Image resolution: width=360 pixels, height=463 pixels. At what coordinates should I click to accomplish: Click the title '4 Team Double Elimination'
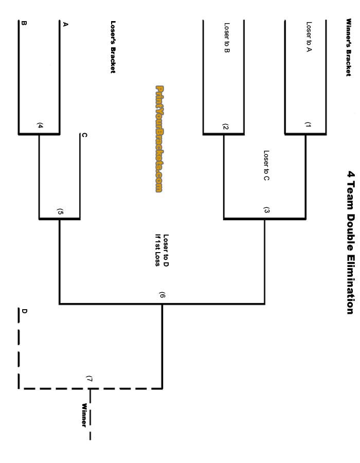pyautogui.click(x=350, y=242)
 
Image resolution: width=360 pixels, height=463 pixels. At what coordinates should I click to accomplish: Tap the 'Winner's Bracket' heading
pyautogui.click(x=348, y=47)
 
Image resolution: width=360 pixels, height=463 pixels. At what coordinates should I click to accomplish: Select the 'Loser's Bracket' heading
pyautogui.click(x=113, y=47)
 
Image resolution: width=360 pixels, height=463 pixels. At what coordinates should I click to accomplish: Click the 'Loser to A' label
pyautogui.click(x=309, y=37)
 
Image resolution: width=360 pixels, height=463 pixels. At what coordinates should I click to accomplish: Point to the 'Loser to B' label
pyautogui.click(x=227, y=37)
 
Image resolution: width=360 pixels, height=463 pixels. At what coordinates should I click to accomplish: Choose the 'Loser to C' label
pyautogui.click(x=266, y=166)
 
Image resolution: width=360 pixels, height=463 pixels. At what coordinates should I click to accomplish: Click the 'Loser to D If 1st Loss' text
pyautogui.click(x=162, y=251)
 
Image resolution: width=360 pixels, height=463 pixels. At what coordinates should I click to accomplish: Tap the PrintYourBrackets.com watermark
pyautogui.click(x=159, y=139)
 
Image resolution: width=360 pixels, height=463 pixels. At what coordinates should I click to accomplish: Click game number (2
pyautogui.click(x=225, y=127)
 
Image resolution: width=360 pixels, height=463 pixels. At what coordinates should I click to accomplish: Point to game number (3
pyautogui.click(x=266, y=210)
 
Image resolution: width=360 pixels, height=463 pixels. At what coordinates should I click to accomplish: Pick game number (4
pyautogui.click(x=40, y=126)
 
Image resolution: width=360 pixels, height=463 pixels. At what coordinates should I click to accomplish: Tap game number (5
pyautogui.click(x=60, y=211)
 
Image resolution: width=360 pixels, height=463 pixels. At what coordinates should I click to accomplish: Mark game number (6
pyautogui.click(x=162, y=295)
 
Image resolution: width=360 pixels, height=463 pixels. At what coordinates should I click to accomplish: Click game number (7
pyautogui.click(x=89, y=379)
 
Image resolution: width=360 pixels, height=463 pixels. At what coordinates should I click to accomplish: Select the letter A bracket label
pyautogui.click(x=65, y=24)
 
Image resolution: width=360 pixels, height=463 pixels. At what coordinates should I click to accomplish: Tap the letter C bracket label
pyautogui.click(x=84, y=135)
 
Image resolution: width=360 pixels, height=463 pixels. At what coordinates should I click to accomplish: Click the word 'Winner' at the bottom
pyautogui.click(x=84, y=415)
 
